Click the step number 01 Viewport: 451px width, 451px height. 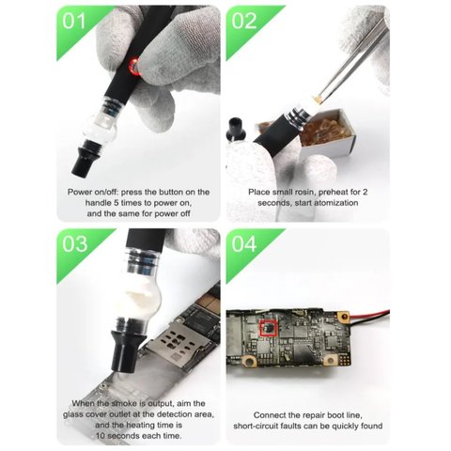pos(73,22)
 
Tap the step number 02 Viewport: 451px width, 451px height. pos(244,22)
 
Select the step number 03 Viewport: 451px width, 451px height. pos(74,243)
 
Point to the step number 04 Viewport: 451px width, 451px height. pos(244,243)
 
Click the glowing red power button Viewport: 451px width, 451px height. pos(134,67)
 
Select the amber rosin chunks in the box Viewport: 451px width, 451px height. pos(321,128)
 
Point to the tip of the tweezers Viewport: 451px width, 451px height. pos(318,101)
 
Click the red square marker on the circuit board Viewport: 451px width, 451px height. pos(269,329)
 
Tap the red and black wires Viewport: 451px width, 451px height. pos(369,316)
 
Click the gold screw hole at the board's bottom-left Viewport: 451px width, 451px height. pos(250,362)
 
